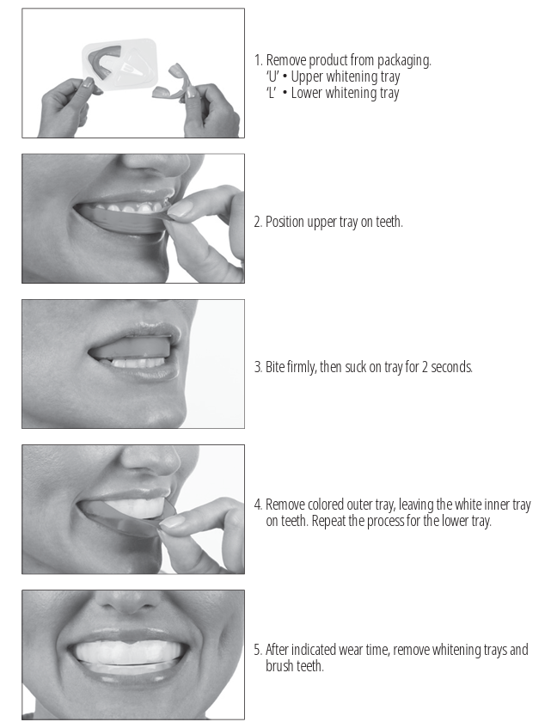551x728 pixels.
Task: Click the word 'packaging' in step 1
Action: (404, 61)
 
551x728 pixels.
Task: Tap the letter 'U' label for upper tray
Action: (272, 76)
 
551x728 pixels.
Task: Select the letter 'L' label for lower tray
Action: (271, 93)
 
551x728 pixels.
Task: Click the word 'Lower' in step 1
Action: (307, 93)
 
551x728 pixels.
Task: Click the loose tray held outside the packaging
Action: (172, 83)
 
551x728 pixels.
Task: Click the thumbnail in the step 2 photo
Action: (180, 210)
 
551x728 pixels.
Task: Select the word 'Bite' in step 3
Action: (275, 367)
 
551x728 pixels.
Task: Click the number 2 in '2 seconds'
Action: (425, 367)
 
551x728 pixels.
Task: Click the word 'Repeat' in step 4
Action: (328, 521)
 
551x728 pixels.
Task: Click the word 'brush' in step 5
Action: (279, 666)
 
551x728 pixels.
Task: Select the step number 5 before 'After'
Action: (258, 650)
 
